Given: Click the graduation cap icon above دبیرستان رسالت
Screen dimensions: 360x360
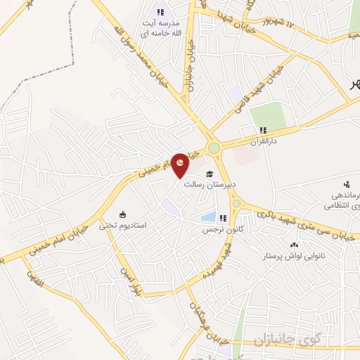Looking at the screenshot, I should (x=208, y=174).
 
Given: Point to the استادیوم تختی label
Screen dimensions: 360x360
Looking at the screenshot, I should (x=122, y=226).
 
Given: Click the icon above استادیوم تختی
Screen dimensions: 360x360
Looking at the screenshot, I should (x=123, y=214).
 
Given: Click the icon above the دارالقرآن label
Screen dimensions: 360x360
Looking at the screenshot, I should (x=263, y=129).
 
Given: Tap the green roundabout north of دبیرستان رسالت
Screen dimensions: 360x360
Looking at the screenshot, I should (x=213, y=148).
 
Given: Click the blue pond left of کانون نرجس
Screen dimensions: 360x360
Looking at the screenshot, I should (x=208, y=217).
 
